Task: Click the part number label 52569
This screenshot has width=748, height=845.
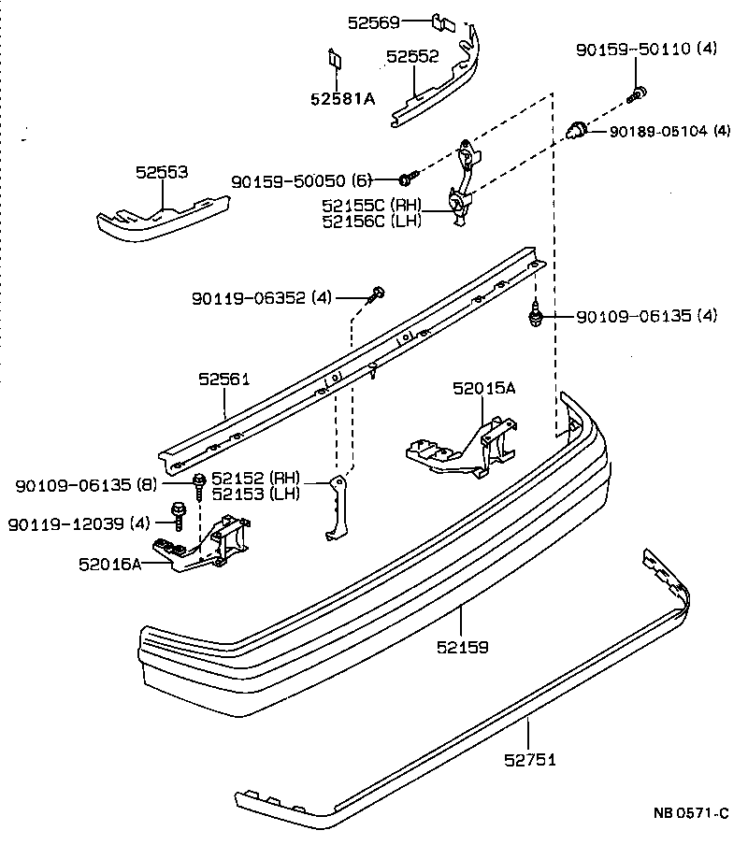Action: click(x=374, y=21)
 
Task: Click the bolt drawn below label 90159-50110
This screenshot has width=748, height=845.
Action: click(x=639, y=92)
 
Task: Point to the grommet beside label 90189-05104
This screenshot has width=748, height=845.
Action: click(x=579, y=127)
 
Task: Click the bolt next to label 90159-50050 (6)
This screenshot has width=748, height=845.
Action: click(x=407, y=178)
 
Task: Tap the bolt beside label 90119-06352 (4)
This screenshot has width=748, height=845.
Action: click(x=377, y=296)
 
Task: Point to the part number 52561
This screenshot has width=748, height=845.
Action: click(x=224, y=379)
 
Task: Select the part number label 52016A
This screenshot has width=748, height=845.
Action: click(x=110, y=564)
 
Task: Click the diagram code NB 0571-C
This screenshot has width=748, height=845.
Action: click(x=690, y=813)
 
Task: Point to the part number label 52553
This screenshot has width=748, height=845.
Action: click(x=162, y=172)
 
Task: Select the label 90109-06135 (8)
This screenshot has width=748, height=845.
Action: click(x=87, y=485)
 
